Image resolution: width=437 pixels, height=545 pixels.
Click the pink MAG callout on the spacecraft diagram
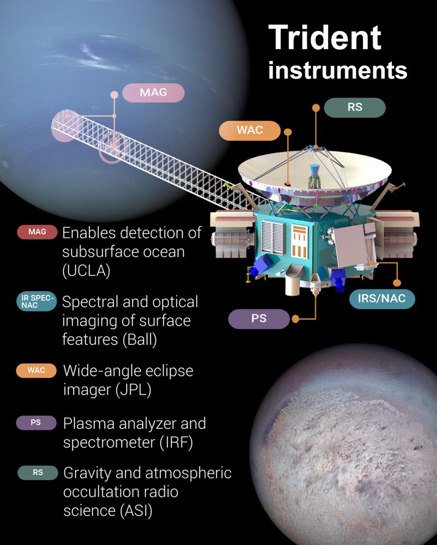tap(153, 93)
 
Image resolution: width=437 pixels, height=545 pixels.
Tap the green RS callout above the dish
tap(355, 107)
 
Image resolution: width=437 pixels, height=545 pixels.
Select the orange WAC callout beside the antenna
tap(250, 130)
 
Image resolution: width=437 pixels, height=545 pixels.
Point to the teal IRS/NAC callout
tap(382, 299)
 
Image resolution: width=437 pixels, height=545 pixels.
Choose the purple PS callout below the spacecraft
tap(259, 319)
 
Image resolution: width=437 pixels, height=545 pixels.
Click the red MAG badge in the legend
tap(37, 232)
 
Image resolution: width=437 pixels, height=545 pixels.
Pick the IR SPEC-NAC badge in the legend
tap(37, 301)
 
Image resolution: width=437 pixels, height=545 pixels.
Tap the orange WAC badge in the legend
tap(37, 371)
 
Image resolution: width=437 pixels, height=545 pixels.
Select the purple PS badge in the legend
tap(36, 423)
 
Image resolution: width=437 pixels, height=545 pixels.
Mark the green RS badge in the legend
tap(38, 473)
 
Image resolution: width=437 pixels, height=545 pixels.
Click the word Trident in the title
tap(325, 38)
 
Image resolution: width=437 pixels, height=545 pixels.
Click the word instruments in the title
tap(337, 70)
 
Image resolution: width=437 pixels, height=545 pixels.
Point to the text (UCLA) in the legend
tap(86, 271)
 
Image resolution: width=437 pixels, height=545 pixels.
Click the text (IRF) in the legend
tap(176, 443)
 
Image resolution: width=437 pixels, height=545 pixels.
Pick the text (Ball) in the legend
tap(139, 340)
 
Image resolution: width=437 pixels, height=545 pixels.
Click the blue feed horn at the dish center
tap(315, 169)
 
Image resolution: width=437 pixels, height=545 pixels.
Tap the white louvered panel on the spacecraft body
tap(272, 238)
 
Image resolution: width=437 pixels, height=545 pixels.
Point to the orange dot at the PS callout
tap(295, 319)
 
